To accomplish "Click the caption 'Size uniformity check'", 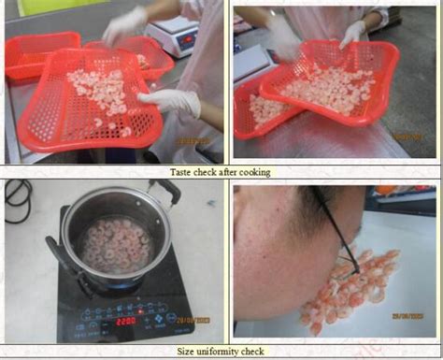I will pyautogui.click(x=221, y=352).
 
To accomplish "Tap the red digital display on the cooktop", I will pyautogui.click(x=127, y=319).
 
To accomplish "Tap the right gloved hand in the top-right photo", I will pyautogui.click(x=353, y=34).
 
